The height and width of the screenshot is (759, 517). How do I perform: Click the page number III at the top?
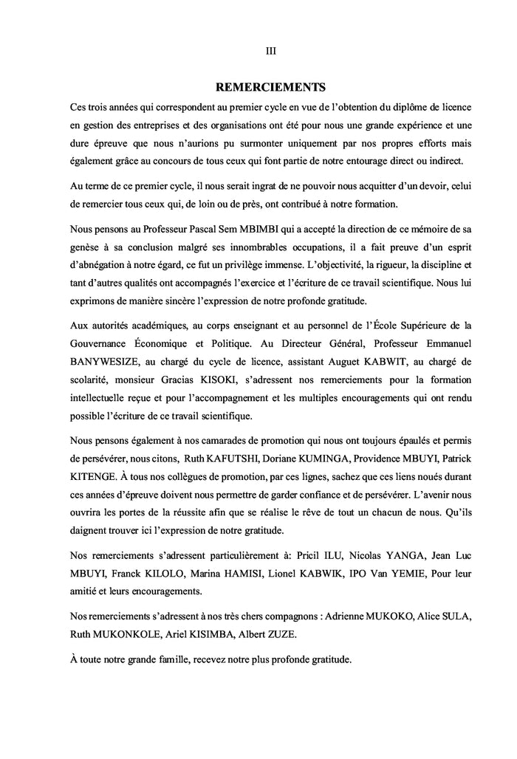[x=270, y=51]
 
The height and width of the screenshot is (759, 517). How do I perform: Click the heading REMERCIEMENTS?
[x=270, y=86]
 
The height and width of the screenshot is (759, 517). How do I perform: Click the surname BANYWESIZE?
[x=104, y=362]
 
